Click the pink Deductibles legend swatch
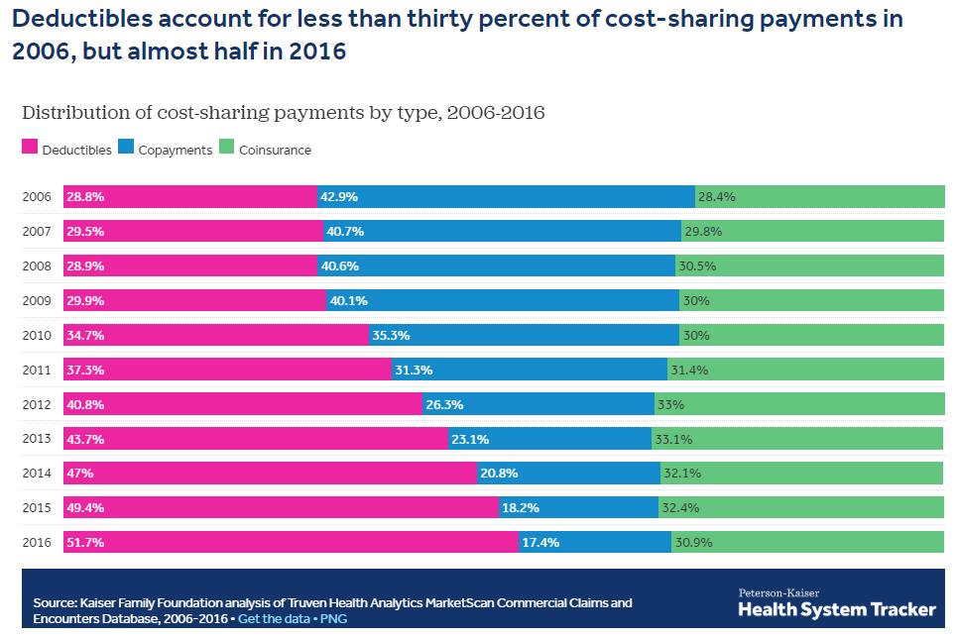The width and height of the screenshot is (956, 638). (30, 150)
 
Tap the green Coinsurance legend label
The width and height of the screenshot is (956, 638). (275, 151)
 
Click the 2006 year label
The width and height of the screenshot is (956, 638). (37, 197)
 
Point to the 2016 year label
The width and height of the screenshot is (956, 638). (37, 543)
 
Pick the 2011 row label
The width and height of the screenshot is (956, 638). (37, 370)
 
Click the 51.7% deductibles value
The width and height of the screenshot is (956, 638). (85, 543)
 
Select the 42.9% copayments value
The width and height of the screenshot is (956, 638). (339, 197)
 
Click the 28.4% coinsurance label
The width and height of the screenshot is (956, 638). (717, 197)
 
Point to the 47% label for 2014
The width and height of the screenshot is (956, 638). (80, 474)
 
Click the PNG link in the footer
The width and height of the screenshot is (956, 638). (333, 619)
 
